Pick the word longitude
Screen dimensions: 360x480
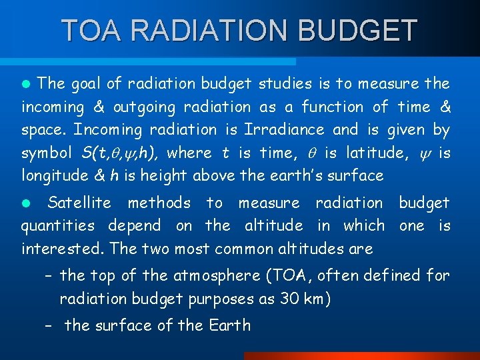point(53,176)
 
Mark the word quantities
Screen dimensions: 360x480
point(57,226)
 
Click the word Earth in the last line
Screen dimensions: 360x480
point(229,325)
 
